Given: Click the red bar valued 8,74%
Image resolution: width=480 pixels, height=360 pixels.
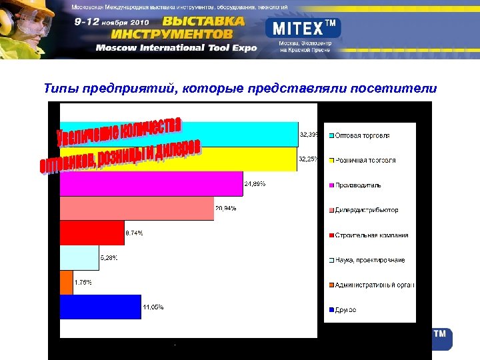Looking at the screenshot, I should tap(92, 233).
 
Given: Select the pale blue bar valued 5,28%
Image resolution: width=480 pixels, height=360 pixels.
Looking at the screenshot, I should tap(79, 258).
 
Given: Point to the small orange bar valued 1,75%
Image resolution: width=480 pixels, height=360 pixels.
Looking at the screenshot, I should tap(67, 283).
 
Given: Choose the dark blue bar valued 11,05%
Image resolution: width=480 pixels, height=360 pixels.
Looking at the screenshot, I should tap(100, 307).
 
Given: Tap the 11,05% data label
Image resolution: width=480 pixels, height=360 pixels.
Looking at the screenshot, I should tap(153, 307).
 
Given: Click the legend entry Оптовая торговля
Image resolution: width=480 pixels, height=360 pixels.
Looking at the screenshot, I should tap(363, 135).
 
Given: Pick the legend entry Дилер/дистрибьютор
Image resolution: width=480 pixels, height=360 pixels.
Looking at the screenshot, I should tap(367, 210).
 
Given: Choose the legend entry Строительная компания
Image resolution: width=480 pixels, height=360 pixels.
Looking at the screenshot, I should tap(371, 235).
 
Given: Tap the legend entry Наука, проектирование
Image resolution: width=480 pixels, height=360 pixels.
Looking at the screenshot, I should tap(370, 260).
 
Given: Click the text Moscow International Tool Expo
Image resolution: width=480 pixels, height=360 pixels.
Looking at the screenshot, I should tap(175, 48).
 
